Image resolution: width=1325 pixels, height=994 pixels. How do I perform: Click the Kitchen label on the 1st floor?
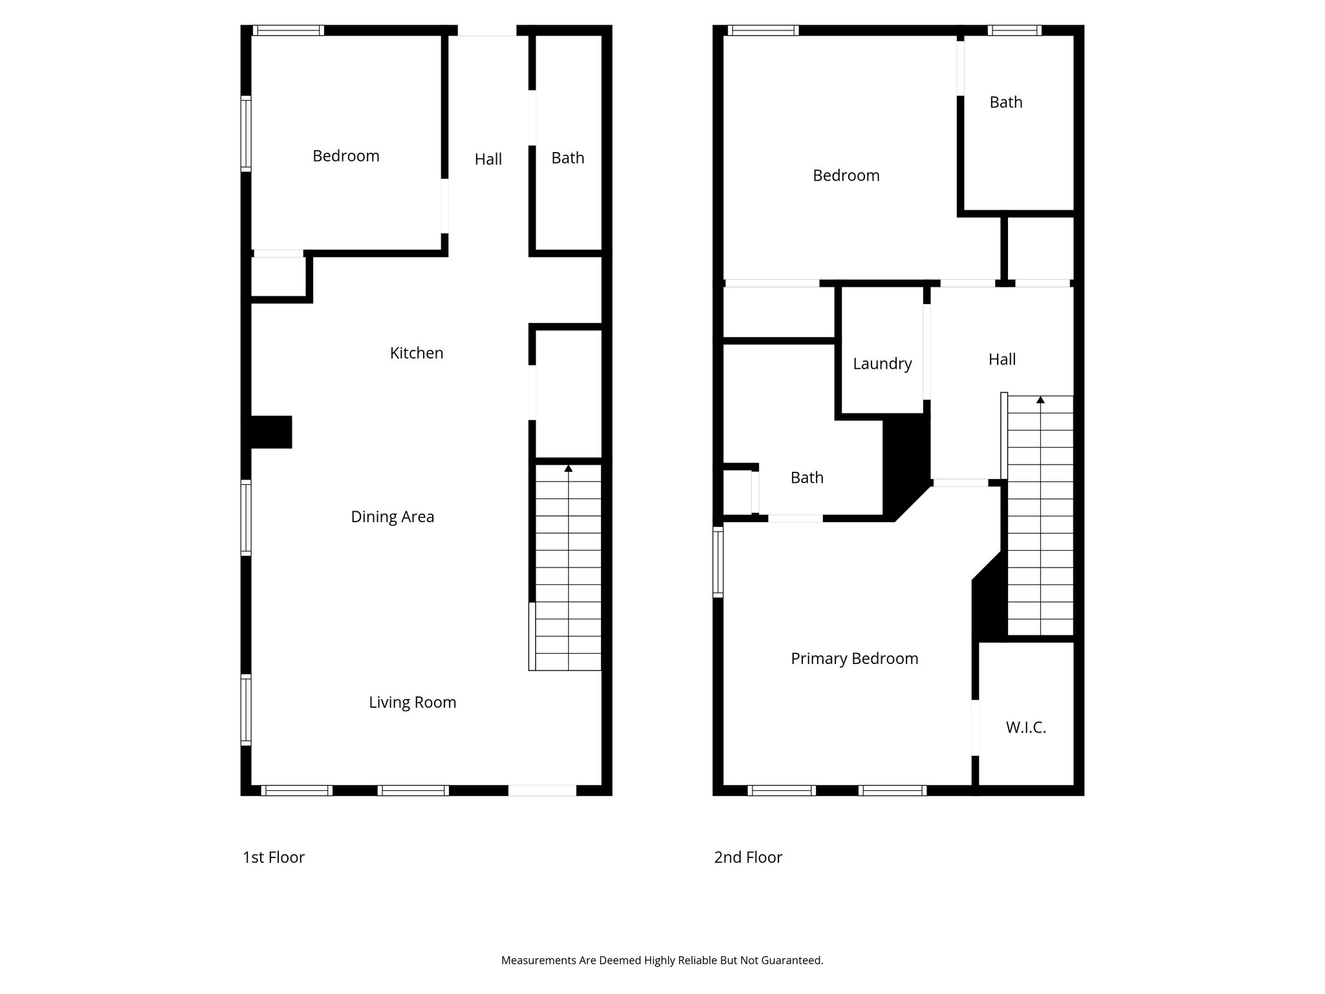[x=416, y=353]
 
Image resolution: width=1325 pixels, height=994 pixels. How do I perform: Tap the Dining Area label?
[x=392, y=517]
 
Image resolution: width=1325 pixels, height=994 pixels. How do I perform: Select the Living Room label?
[x=412, y=703]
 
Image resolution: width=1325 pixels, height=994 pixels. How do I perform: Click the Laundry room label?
[x=882, y=364]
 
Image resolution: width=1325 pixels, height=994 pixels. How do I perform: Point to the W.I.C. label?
[x=1025, y=727]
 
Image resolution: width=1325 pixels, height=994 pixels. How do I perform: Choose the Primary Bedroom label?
[x=854, y=659]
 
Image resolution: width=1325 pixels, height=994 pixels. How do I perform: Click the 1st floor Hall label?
[x=488, y=159]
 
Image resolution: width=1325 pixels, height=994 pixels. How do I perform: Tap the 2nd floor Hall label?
[x=1002, y=359]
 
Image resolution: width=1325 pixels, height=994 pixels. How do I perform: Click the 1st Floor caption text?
[x=273, y=857]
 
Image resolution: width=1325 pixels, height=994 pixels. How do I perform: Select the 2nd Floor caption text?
[x=748, y=857]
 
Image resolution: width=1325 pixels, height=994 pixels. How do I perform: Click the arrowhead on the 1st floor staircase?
[x=568, y=468]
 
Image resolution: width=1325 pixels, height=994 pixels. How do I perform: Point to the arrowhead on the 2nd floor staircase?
[x=1040, y=400]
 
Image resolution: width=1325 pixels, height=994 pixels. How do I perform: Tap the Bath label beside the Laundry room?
[x=807, y=478]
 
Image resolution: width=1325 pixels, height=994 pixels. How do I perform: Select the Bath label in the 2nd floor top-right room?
[x=1005, y=102]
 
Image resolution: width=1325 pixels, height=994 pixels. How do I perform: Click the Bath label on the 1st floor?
[x=567, y=158]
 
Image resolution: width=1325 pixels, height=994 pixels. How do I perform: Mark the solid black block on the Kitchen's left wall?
[x=270, y=432]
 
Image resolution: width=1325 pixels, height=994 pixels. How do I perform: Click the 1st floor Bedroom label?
[x=345, y=156]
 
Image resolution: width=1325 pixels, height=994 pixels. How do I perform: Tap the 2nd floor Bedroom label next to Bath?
[x=846, y=175]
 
